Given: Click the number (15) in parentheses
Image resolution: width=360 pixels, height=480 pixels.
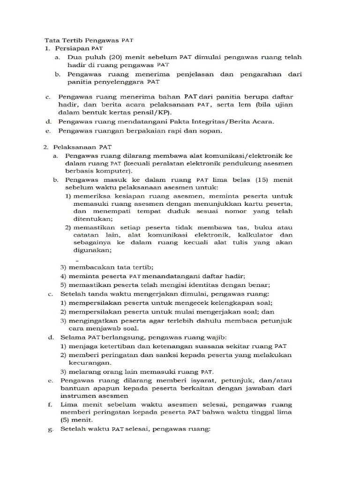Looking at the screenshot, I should click(249, 180).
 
